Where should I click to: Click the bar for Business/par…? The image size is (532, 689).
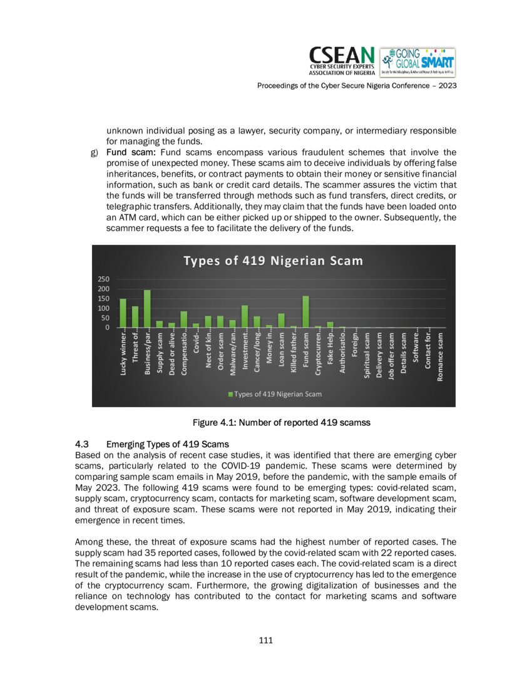(x=148, y=309)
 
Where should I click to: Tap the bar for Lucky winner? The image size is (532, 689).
(x=123, y=313)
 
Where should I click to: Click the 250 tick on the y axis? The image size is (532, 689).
(x=104, y=279)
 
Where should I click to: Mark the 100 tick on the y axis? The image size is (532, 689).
(x=104, y=308)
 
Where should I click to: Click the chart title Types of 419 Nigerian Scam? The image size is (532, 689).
(x=273, y=261)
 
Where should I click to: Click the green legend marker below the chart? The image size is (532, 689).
(x=230, y=394)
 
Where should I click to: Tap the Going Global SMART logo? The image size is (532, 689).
(x=417, y=62)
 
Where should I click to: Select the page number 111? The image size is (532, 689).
(x=266, y=640)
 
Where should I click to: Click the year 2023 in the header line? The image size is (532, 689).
(x=447, y=85)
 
